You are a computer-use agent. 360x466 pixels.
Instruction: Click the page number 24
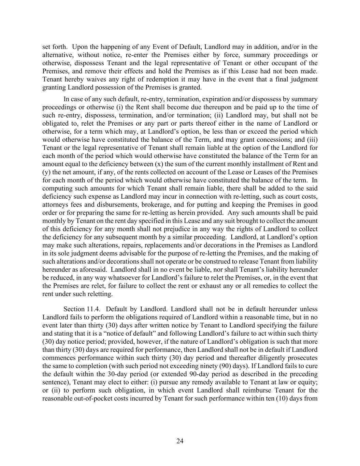pyautogui.click(x=180, y=441)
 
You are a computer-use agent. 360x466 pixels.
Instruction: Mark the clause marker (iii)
pyautogui.click(x=312, y=140)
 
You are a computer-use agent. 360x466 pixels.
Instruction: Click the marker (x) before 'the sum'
pyautogui.click(x=159, y=164)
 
